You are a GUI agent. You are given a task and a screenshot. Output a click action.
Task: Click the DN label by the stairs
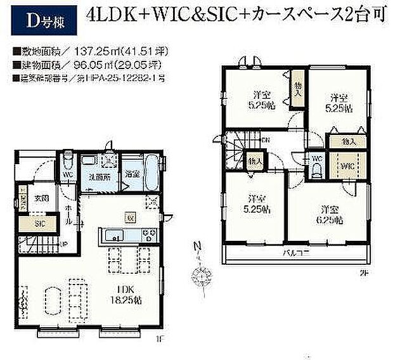(x=266, y=139)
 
